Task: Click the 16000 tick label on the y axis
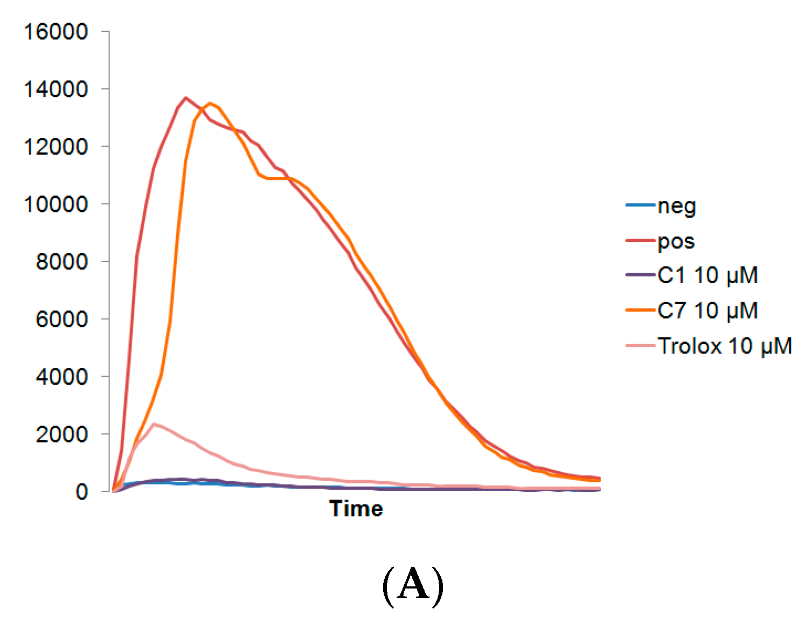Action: [x=56, y=32]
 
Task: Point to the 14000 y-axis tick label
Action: [x=56, y=89]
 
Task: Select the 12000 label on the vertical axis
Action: [x=56, y=147]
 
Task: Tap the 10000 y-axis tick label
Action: [x=56, y=204]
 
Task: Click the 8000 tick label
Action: [x=61, y=262]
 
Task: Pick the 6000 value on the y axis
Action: [x=61, y=319]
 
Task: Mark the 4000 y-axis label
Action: [x=61, y=377]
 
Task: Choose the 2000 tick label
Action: [x=61, y=434]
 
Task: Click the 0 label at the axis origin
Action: [x=81, y=492]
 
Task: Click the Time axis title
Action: [x=356, y=509]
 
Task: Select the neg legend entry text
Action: [x=677, y=206]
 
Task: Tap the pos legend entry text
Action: [x=676, y=242]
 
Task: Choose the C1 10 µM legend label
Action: [x=708, y=275]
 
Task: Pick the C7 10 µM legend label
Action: [x=708, y=310]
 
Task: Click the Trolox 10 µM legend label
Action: [x=725, y=346]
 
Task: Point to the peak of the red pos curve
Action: [x=186, y=98]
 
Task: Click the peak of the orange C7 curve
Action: [x=210, y=103]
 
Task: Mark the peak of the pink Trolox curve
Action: [x=154, y=424]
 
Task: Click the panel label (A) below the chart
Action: [x=413, y=585]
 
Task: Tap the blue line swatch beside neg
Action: [x=640, y=205]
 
